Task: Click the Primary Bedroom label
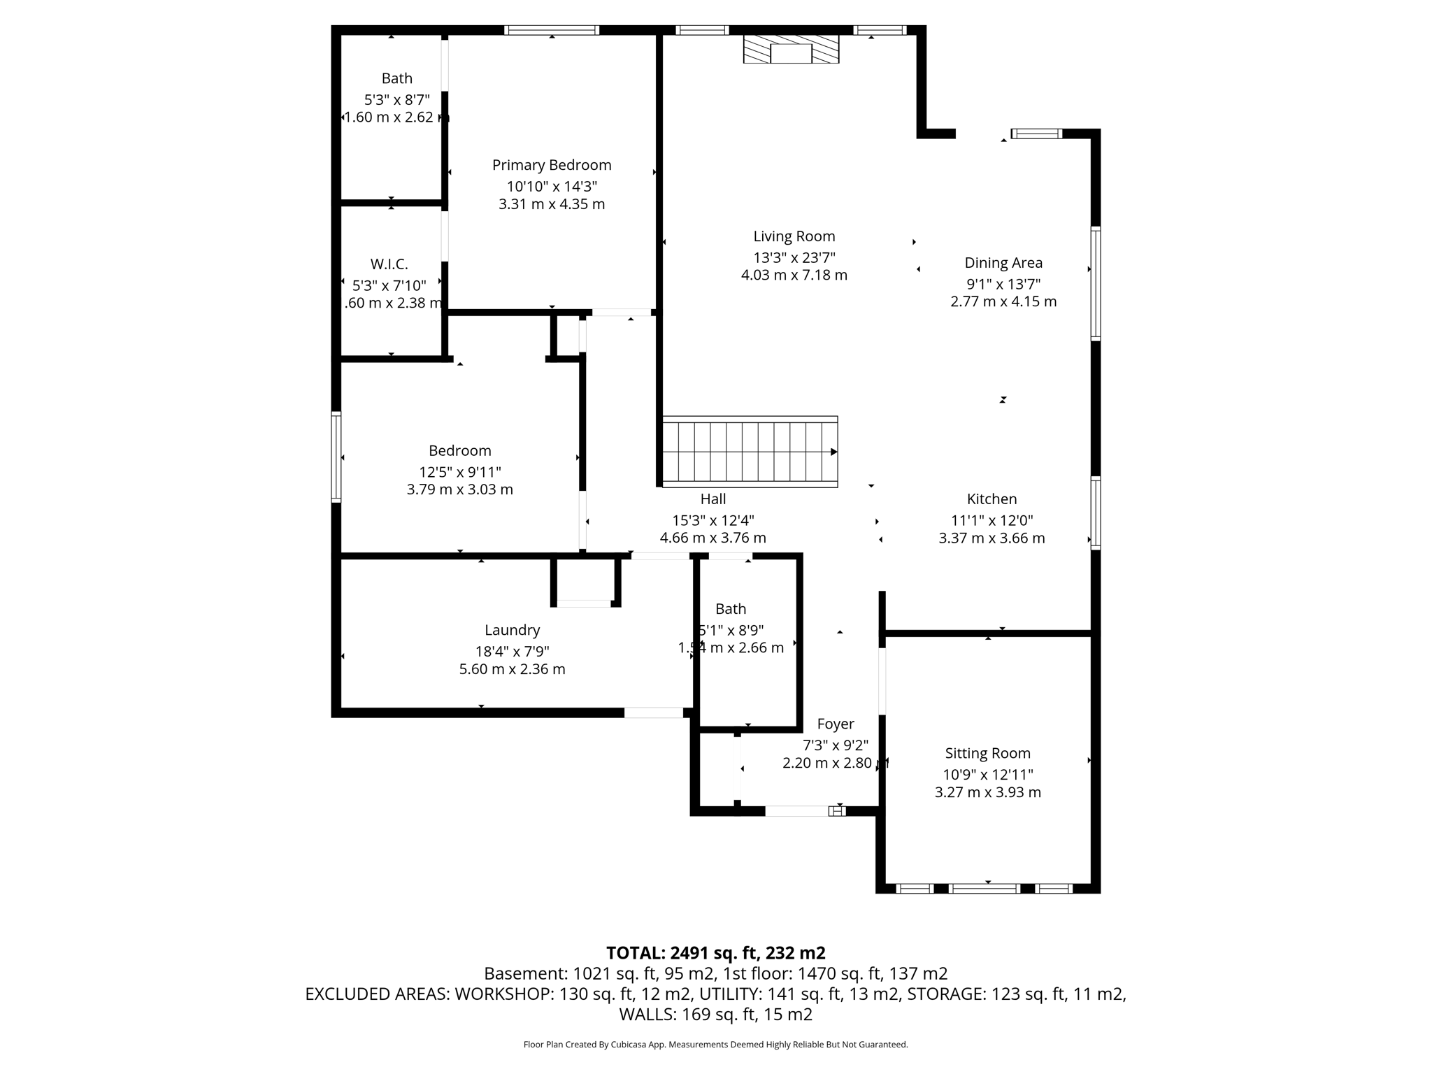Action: tap(551, 165)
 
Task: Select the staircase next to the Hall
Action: tap(750, 452)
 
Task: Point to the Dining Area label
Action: tap(1003, 263)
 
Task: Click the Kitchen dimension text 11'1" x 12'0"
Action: tap(991, 520)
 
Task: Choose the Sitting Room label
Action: tap(987, 753)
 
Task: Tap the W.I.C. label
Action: tap(389, 264)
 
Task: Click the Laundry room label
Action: tap(512, 630)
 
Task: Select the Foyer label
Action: tap(836, 724)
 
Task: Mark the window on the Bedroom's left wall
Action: tap(336, 457)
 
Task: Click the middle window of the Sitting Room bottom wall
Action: tap(984, 889)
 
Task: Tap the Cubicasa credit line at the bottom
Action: tap(715, 1045)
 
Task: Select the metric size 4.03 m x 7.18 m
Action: tap(794, 275)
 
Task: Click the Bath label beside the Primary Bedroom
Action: tap(396, 78)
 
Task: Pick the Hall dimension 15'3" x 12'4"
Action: tap(713, 520)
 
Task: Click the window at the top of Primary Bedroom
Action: tap(552, 30)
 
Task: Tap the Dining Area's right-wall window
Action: tap(1096, 283)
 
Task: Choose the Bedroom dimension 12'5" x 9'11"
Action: tap(459, 472)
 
